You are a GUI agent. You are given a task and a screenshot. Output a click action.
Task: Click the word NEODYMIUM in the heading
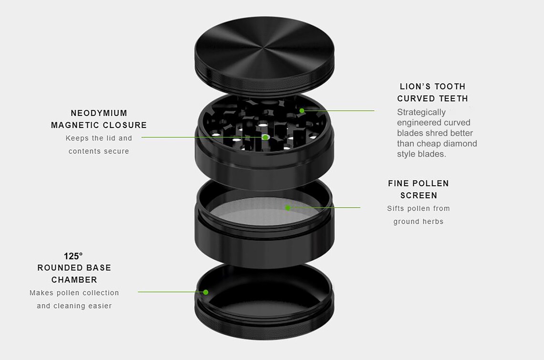(x=99, y=113)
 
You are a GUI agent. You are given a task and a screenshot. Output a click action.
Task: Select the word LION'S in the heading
(x=414, y=86)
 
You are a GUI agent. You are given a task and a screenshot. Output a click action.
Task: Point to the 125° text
(x=73, y=256)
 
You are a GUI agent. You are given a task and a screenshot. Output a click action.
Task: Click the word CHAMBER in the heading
(x=74, y=280)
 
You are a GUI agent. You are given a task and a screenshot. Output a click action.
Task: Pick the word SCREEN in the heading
(x=418, y=195)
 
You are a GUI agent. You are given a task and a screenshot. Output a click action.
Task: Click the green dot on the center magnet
(x=265, y=137)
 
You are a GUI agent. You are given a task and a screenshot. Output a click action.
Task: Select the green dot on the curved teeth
(x=302, y=110)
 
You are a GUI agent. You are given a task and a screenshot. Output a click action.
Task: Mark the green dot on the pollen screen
(x=288, y=207)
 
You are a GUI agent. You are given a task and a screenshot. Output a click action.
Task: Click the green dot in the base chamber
(x=206, y=292)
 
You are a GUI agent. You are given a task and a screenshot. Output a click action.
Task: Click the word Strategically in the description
(x=421, y=112)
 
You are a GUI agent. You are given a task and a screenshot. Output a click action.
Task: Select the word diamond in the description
(x=460, y=144)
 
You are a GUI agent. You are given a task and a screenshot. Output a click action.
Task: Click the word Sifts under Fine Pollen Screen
(x=396, y=209)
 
